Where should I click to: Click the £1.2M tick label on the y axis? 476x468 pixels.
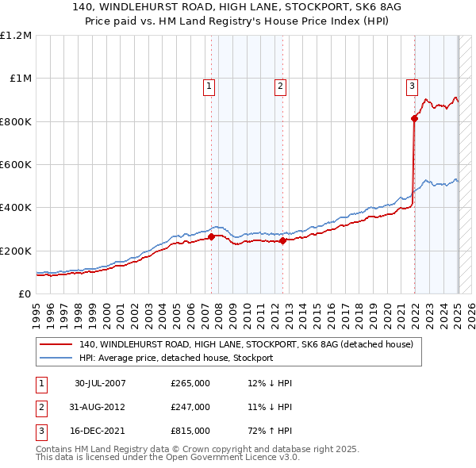pos(16,36)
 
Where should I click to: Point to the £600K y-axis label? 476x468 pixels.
pos(16,165)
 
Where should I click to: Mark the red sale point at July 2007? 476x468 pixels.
pos(212,236)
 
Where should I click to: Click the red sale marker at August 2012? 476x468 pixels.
pos(283,240)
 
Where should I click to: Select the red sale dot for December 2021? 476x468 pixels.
pos(414,119)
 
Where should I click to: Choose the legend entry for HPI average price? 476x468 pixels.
pos(175,358)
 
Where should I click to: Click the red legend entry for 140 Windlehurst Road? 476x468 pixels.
pos(246,345)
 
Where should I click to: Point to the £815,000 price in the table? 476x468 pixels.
pos(190,432)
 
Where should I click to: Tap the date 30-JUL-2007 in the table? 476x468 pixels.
pos(100,383)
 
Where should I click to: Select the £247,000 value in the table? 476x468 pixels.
pos(190,408)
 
